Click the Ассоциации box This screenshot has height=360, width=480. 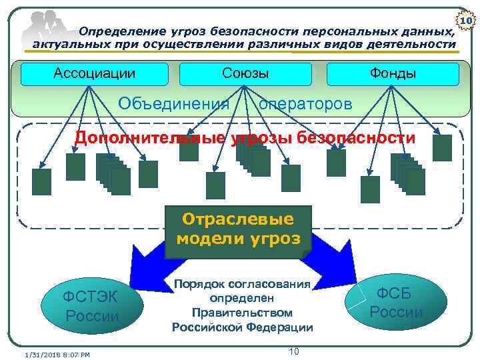click(x=94, y=73)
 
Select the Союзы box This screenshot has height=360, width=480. click(x=245, y=73)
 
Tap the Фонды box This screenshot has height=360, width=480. click(x=393, y=73)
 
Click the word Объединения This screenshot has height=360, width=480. click(x=173, y=104)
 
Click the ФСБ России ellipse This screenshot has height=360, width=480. click(x=397, y=301)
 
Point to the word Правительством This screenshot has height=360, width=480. click(x=241, y=312)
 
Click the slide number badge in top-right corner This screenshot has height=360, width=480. click(x=468, y=22)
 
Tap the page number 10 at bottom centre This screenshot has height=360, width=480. click(x=293, y=351)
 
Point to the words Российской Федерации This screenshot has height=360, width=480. click(x=242, y=327)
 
